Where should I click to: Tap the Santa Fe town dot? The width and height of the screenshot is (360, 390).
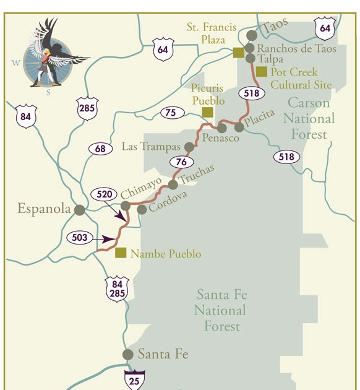pyautogui.click(x=128, y=355)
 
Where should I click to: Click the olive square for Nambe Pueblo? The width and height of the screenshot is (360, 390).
pyautogui.click(x=121, y=253)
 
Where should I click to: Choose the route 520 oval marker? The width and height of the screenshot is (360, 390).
pyautogui.click(x=104, y=194)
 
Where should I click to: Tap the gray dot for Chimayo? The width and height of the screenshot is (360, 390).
pyautogui.click(x=126, y=206)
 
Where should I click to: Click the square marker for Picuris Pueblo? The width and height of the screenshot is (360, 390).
pyautogui.click(x=208, y=112)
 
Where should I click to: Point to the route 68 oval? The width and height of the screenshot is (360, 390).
pyautogui.click(x=101, y=149)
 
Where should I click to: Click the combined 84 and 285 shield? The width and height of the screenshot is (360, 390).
pyautogui.click(x=117, y=288)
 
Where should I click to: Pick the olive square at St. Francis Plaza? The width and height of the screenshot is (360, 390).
pyautogui.click(x=238, y=53)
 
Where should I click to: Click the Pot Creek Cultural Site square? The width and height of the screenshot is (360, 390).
pyautogui.click(x=262, y=72)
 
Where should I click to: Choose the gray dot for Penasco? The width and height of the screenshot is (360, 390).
pyautogui.click(x=221, y=129)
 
